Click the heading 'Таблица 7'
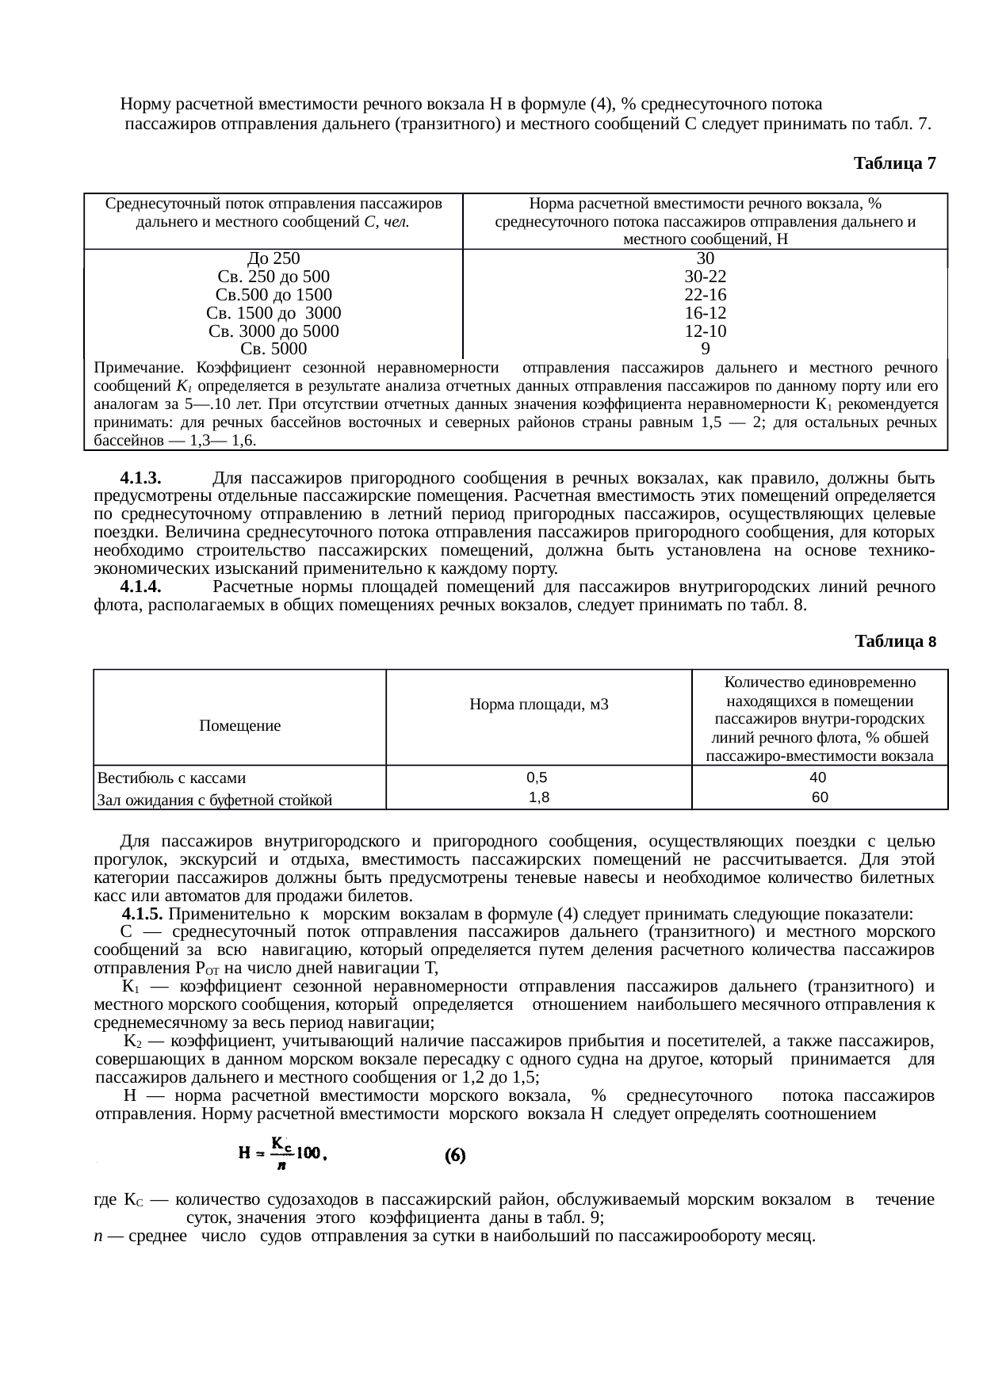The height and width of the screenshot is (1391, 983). point(895,163)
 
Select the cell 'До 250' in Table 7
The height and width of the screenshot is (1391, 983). point(273,258)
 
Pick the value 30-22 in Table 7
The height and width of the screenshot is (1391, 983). point(706,277)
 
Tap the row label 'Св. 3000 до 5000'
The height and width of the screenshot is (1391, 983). point(273,331)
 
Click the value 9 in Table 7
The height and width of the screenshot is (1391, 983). point(706,349)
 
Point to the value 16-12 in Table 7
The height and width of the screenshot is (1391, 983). point(706,313)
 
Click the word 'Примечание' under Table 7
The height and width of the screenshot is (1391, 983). point(138,368)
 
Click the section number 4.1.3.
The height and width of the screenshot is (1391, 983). point(140,478)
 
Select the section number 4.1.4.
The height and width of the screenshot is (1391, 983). point(140,587)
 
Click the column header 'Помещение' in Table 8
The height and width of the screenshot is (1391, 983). point(239,725)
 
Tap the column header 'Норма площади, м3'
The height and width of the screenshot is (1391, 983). point(538,703)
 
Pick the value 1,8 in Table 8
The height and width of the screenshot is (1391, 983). point(539,798)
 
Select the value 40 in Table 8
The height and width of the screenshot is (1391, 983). point(820,778)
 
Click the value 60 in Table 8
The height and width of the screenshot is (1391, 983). point(820,798)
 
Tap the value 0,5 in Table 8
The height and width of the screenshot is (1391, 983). point(537,778)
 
